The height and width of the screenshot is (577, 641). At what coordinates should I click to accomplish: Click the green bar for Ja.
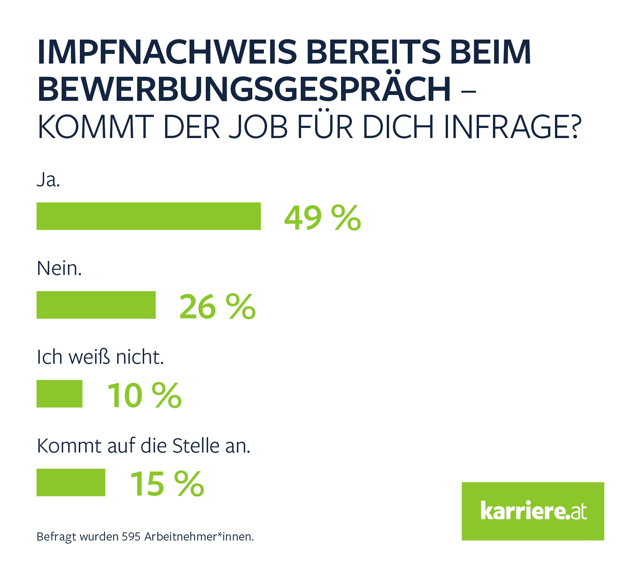[x=148, y=216]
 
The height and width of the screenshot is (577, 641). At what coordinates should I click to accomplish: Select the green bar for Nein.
[x=96, y=305]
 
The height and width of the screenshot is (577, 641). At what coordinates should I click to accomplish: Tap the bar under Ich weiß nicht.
[x=59, y=394]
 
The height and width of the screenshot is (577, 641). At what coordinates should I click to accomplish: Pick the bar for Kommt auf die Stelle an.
[x=71, y=482]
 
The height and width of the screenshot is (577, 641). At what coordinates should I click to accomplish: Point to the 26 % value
[x=217, y=306]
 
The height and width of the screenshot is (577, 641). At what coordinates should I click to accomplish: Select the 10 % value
[x=144, y=395]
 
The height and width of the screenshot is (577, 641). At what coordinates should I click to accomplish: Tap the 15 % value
[x=167, y=484]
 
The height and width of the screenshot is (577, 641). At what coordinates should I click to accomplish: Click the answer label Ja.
[x=48, y=180]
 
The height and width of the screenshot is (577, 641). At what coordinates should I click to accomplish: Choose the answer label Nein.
[x=59, y=268]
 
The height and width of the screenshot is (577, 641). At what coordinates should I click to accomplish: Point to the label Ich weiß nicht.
[x=100, y=357]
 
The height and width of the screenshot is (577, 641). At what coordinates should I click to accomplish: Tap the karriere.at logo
[x=533, y=511]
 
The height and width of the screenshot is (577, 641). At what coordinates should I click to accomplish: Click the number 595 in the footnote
[x=131, y=537]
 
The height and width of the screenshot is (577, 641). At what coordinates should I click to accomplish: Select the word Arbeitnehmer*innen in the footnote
[x=199, y=537]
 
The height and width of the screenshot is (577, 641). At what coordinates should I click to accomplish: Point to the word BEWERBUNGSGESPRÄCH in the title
[x=244, y=89]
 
